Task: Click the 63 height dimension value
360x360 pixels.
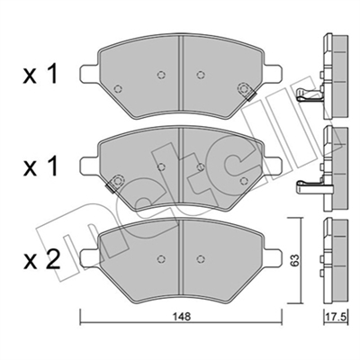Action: pos(295,260)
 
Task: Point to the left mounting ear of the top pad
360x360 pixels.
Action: pos(88,74)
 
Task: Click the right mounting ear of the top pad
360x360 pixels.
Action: pos(273,74)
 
